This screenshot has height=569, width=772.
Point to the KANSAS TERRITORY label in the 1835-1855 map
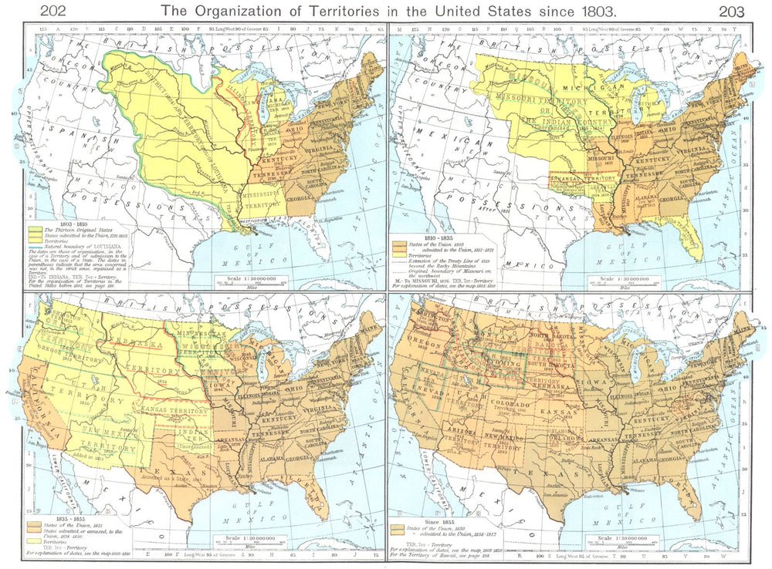click(x=179, y=412)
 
